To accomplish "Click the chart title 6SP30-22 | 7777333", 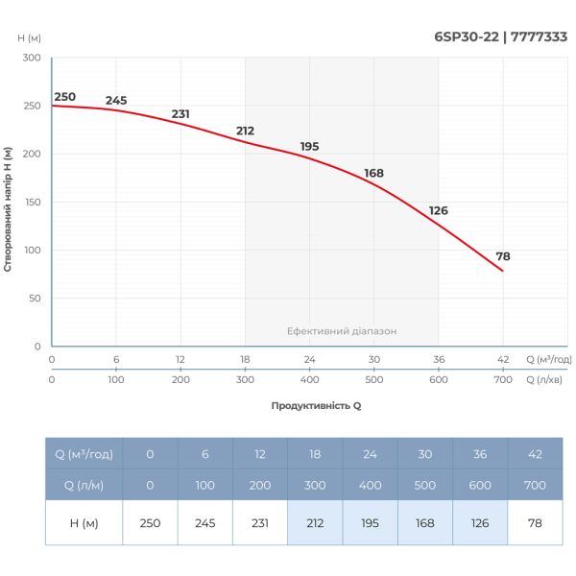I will coord(500,37).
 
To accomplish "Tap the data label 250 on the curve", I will coord(64,97).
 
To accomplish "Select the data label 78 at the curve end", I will coord(503,256).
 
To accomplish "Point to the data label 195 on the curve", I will coord(309,147).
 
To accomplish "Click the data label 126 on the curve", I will coord(438,210).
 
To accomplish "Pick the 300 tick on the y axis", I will coord(31,59).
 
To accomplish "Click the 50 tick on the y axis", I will coord(34,299).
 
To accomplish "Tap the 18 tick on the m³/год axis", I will coord(245,359).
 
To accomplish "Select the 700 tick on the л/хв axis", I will coord(503,379).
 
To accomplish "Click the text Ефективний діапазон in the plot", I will coord(342,331).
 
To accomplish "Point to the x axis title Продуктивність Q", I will coord(316,405).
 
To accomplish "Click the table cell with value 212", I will coord(314,523).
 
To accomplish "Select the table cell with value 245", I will coord(204,523).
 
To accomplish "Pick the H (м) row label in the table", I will coord(84,523).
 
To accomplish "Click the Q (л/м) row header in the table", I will coord(84,485).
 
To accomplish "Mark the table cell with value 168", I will coord(423,523).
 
